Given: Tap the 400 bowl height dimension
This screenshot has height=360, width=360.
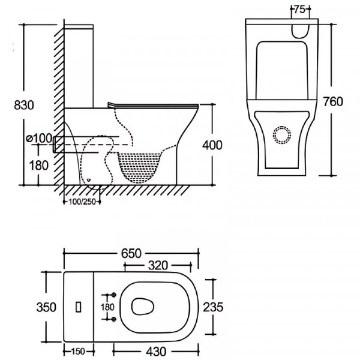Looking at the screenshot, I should pos(213,145).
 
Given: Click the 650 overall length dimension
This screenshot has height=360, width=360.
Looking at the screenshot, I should pos(132,253).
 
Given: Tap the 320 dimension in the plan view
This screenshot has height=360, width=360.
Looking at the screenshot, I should pos(161,265).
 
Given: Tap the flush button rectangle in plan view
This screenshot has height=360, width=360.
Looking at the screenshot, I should pos(77,307).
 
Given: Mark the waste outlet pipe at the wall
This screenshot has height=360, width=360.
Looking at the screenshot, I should pos(58,145).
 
